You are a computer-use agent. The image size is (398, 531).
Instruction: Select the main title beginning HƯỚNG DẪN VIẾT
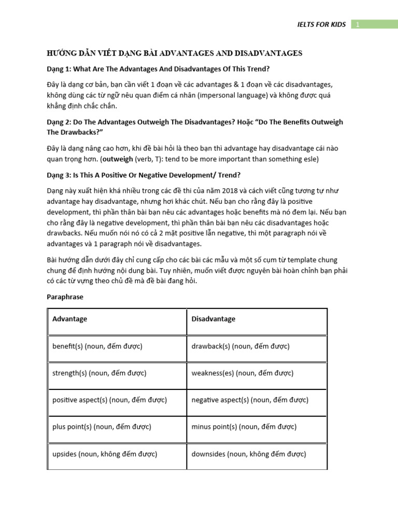pyautogui.click(x=175, y=53)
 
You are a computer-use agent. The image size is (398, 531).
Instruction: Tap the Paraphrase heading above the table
pyautogui.click(x=65, y=297)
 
